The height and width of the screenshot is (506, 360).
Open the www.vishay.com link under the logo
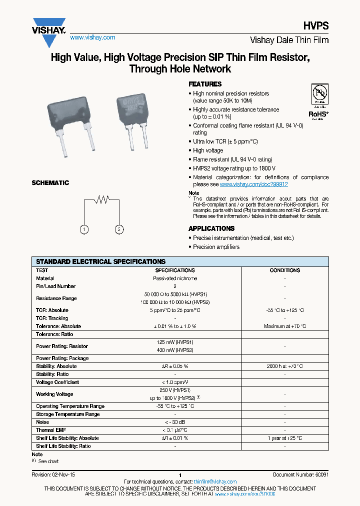point(92,37)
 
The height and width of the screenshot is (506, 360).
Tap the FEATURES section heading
point(205,84)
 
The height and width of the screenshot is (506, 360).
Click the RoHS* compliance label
point(317,113)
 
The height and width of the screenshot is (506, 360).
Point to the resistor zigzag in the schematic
point(102,199)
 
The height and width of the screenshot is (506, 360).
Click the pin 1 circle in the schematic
point(84,229)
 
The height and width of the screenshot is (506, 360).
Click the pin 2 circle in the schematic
point(119,229)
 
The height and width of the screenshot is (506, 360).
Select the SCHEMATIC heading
point(50,183)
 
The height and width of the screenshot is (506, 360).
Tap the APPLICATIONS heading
point(212,228)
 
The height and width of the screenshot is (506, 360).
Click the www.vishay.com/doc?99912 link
point(253,184)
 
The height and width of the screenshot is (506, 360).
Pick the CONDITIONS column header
point(284,270)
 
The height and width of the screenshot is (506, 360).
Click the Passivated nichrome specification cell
point(174,278)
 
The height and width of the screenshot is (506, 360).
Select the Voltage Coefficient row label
point(57,382)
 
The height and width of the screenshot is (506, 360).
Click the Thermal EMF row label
point(51,430)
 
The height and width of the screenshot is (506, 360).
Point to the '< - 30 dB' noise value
point(174,422)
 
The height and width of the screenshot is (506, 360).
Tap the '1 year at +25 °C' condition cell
point(284,438)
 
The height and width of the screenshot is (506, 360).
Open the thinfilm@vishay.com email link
point(215,481)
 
